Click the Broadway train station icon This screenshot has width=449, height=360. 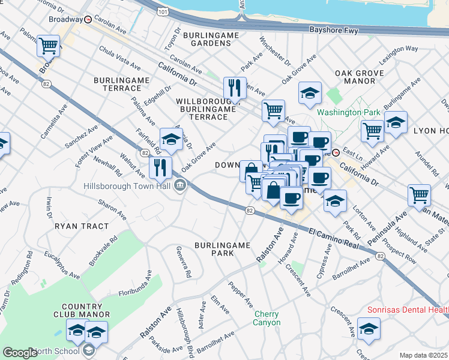[88, 19]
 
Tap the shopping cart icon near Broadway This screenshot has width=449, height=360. [48, 46]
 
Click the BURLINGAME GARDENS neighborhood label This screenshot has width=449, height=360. [211, 40]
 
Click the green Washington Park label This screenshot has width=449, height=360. [348, 112]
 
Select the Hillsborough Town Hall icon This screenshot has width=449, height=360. [179, 186]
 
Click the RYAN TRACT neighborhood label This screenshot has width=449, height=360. [82, 226]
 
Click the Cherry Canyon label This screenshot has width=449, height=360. [267, 318]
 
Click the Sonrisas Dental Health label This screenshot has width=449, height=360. [408, 310]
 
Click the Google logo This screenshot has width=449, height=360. [20, 352]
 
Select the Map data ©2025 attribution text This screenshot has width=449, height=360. [423, 355]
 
